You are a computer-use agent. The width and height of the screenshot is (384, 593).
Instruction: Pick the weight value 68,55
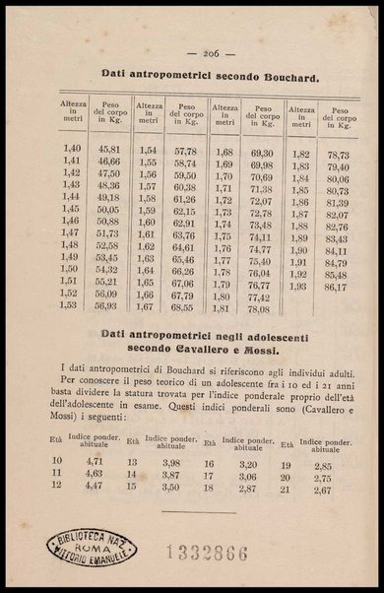point(184,307)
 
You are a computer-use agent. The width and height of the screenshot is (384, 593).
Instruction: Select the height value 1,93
point(300,287)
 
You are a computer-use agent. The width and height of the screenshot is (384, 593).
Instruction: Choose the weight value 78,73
point(338,156)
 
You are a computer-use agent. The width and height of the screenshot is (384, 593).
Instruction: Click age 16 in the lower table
point(209,434)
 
